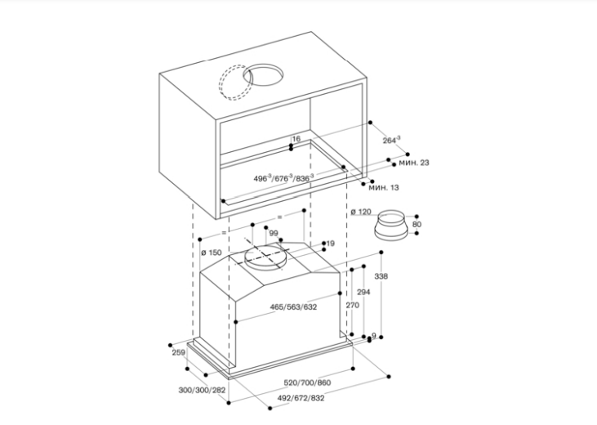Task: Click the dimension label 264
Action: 391,141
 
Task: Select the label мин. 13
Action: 383,188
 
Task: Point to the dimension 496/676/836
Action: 283,177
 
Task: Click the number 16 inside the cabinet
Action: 296,139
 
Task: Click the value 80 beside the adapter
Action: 417,224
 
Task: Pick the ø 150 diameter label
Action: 211,253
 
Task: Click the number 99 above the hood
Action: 274,234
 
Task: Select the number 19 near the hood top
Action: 331,244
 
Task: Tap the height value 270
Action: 352,305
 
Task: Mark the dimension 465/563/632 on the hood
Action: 293,307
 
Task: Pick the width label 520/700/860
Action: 307,382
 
